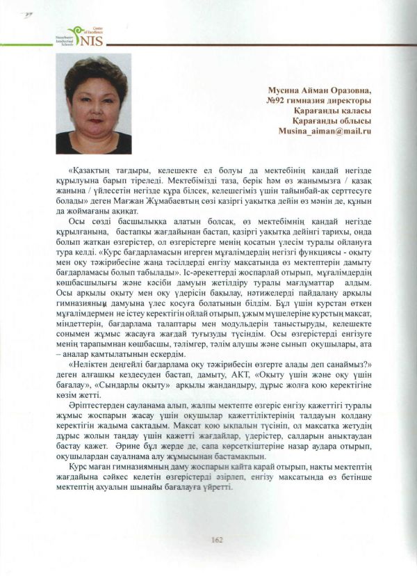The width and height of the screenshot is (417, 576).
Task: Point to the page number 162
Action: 216,538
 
